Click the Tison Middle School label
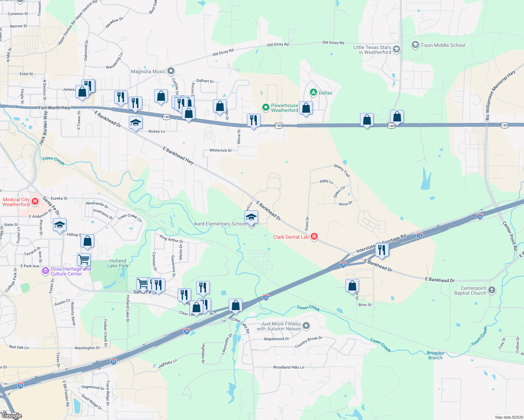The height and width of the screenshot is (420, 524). pyautogui.click(x=443, y=45)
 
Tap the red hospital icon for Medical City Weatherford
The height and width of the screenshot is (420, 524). pyautogui.click(x=35, y=201)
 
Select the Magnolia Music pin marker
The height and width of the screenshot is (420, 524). pyautogui.click(x=171, y=71)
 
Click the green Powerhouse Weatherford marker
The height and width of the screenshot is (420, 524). pyautogui.click(x=266, y=107)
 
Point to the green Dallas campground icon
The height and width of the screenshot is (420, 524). pyautogui.click(x=313, y=92)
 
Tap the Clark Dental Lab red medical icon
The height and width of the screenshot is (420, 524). pyautogui.click(x=314, y=237)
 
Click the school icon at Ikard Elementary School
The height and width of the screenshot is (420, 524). pyautogui.click(x=251, y=217)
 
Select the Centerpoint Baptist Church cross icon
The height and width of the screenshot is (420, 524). pyautogui.click(x=492, y=290)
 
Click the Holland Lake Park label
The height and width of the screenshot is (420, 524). pyautogui.click(x=118, y=263)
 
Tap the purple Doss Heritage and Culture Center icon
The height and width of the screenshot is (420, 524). pyautogui.click(x=45, y=271)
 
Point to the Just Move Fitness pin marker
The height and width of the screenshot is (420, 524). pyautogui.click(x=306, y=326)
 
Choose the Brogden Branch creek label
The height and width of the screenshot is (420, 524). pyautogui.click(x=435, y=355)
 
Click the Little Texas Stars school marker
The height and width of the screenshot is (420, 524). pyautogui.click(x=397, y=49)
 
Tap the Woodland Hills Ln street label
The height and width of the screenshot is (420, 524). pyautogui.click(x=289, y=367)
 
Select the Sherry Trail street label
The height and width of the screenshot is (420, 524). pyautogui.click(x=342, y=170)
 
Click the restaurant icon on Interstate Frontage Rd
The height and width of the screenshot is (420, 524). pyautogui.click(x=382, y=250)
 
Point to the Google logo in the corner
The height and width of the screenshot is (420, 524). pyautogui.click(x=12, y=415)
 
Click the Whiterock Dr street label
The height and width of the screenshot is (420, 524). pyautogui.click(x=221, y=150)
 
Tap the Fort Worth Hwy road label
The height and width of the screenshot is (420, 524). pyautogui.click(x=54, y=108)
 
